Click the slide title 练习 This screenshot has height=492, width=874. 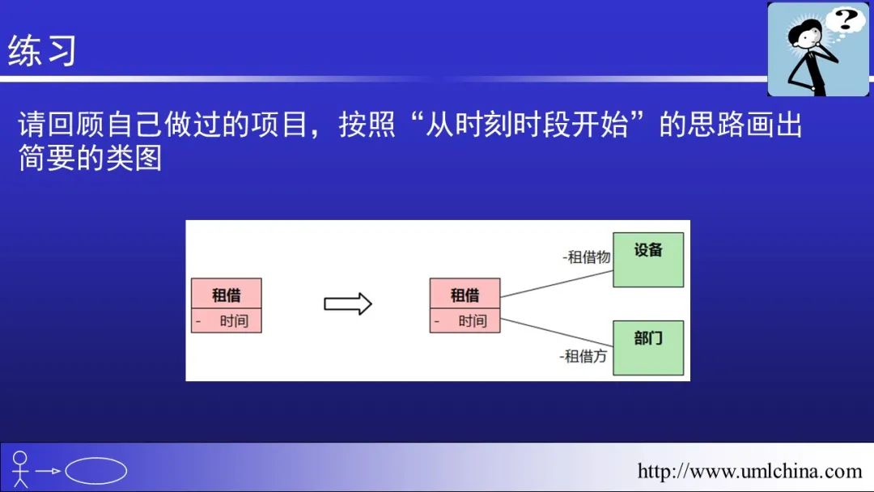coord(42,51)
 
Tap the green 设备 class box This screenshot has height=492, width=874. coord(647,260)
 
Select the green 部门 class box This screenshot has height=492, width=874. coord(647,348)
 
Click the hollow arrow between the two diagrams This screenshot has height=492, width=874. coord(348,304)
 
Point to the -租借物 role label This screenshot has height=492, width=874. coord(587,257)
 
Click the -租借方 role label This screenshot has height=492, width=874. coord(583,356)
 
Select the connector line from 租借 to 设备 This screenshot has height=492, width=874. coord(556,283)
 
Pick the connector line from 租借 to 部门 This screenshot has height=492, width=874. coord(556,333)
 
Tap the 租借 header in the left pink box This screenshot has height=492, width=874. coord(227,294)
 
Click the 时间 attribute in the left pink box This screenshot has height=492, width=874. coord(234,321)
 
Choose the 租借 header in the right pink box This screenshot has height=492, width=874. coord(465,294)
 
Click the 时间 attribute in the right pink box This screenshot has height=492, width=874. coord(472,321)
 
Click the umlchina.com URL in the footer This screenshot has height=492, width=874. coord(749,472)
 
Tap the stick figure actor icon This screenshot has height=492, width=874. coord(20,469)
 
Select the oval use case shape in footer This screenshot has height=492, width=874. coord(95,471)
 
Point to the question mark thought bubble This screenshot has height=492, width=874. coord(845,20)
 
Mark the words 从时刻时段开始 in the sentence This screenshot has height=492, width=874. coord(527,125)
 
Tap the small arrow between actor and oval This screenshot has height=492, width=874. coord(48,471)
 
